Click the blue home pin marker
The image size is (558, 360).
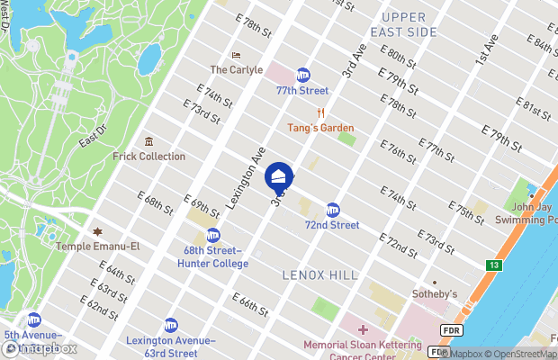(x=279, y=176)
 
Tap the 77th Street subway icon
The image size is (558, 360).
(x=303, y=76)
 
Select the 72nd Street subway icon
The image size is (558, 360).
(x=333, y=210)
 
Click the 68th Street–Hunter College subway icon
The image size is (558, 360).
(x=213, y=235)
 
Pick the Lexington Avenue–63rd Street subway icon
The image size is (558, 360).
(x=171, y=326)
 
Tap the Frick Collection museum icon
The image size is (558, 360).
(x=148, y=142)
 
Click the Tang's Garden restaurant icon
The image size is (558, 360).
(x=320, y=113)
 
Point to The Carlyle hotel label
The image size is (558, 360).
(x=236, y=69)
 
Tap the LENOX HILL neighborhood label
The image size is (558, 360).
(x=319, y=274)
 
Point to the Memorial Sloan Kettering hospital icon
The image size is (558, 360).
(x=364, y=330)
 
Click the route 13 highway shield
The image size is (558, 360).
(x=494, y=265)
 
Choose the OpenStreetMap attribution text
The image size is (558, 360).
(x=517, y=353)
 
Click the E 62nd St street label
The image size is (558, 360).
(x=100, y=305)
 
